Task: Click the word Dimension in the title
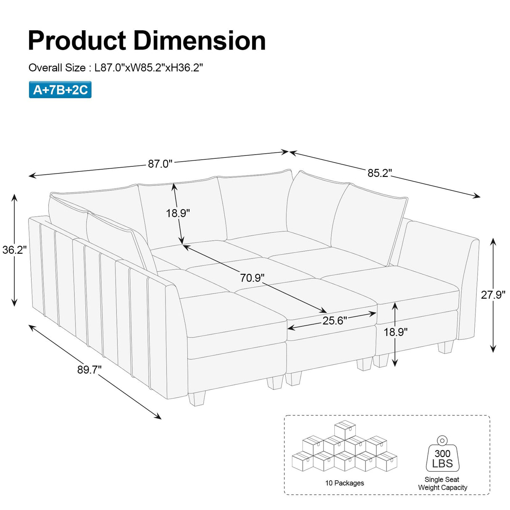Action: [200, 41]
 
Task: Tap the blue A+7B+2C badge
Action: [60, 90]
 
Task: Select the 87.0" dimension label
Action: [160, 163]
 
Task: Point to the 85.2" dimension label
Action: [379, 173]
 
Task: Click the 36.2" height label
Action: [14, 250]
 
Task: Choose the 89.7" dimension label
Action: [89, 370]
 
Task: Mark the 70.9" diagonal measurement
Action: [252, 278]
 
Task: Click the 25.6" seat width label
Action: [335, 321]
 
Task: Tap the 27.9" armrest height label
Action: [493, 294]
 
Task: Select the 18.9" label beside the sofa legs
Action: [395, 332]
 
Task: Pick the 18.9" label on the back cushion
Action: [178, 213]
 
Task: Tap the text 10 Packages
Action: [344, 483]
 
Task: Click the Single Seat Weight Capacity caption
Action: [442, 483]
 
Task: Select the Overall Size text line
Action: [116, 68]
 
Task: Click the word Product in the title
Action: [77, 41]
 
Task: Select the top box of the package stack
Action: [345, 430]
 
